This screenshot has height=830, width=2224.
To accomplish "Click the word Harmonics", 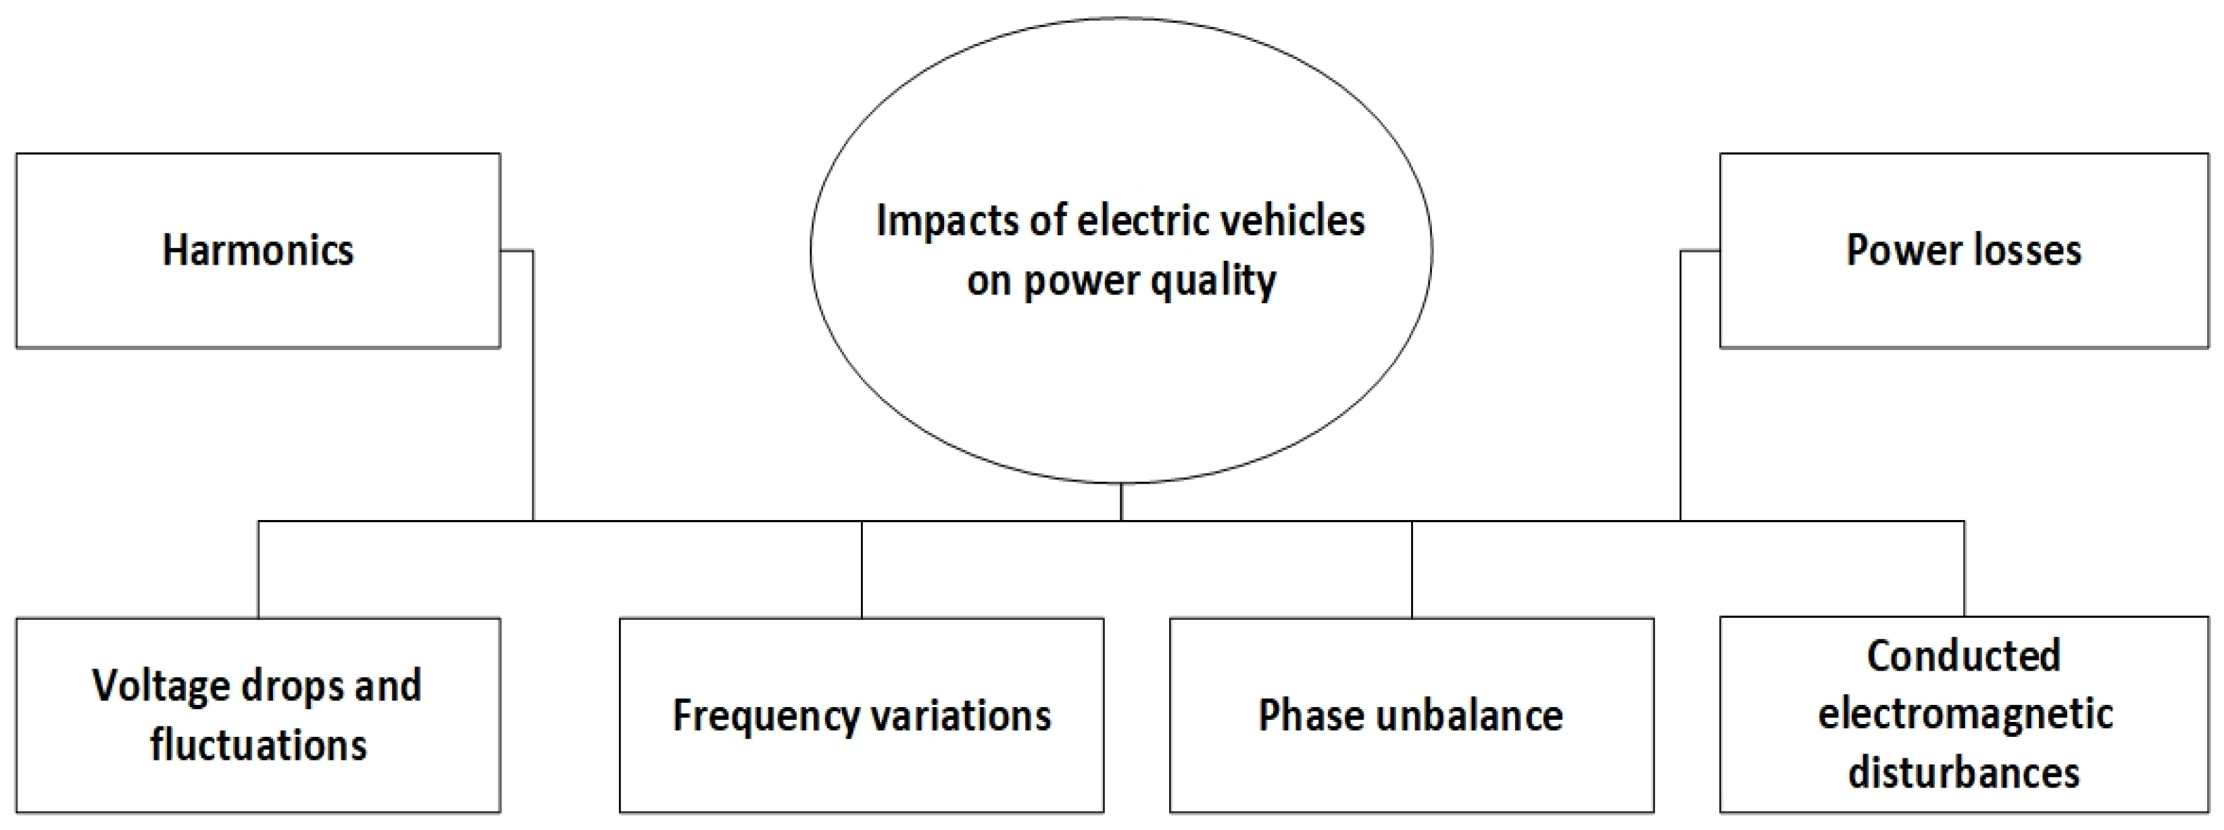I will pos(257,250).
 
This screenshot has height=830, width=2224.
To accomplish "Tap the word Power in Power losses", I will pos(1886,250).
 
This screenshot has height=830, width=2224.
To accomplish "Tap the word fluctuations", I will pos(257,746).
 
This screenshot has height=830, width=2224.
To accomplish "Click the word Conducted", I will pos(1963,656).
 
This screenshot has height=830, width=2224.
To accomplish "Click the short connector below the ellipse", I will pos(1120,502).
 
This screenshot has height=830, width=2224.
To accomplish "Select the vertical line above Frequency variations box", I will pos(862,569).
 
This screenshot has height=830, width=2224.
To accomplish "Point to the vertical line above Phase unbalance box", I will pos(1412,569).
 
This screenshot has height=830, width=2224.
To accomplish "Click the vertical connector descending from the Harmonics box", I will pos(533,388).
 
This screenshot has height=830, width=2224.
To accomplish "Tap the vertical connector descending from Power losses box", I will pos(1680,388).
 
